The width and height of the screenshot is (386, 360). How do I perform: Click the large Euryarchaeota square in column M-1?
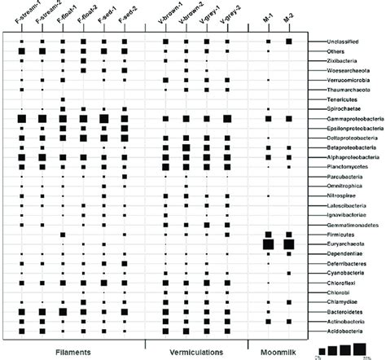[267, 221]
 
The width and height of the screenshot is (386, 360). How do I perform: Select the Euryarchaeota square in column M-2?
[288, 221]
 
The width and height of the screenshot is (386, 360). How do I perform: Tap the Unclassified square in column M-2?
[288, 41]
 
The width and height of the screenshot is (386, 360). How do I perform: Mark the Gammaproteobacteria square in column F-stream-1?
[22, 119]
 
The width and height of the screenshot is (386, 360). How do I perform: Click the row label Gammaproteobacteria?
[345, 119]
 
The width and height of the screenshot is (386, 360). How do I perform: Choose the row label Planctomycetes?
[337, 169]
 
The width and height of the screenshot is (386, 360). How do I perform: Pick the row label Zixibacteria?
[333, 61]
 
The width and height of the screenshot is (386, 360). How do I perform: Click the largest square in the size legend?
[372, 349]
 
